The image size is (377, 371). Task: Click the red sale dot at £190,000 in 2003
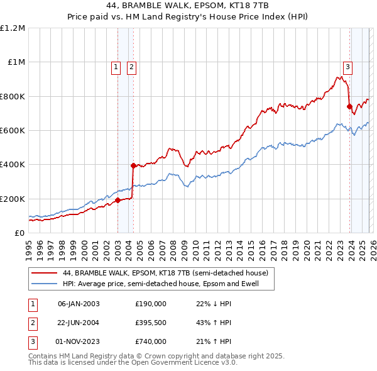click(x=117, y=201)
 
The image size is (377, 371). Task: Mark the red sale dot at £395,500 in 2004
click(x=133, y=165)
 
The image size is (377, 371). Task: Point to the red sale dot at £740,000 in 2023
click(x=349, y=107)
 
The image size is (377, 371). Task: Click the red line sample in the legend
click(x=45, y=274)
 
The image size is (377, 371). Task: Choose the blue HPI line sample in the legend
click(x=45, y=284)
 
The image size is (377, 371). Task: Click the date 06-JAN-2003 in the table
click(x=79, y=304)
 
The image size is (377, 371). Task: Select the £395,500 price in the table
click(x=151, y=323)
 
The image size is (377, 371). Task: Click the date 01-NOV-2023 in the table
click(x=79, y=341)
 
